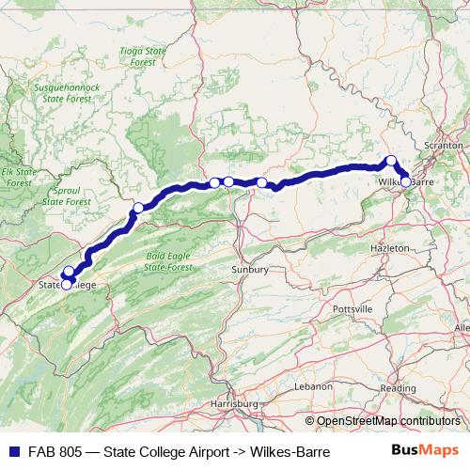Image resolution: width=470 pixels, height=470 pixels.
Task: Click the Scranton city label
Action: [x=444, y=147]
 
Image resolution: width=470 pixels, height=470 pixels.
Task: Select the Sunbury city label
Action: [x=251, y=270]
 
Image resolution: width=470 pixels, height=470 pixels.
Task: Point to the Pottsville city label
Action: [x=352, y=308]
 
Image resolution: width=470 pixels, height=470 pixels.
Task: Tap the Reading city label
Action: [x=399, y=388]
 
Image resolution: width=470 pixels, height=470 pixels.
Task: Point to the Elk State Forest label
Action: [x=18, y=178]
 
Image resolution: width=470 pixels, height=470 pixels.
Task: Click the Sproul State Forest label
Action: [x=67, y=196]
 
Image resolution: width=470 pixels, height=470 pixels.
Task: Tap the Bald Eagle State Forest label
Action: [x=168, y=260]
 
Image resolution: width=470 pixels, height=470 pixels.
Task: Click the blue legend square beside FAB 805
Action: [x=12, y=451]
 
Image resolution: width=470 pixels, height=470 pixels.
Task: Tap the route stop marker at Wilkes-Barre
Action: [x=405, y=180]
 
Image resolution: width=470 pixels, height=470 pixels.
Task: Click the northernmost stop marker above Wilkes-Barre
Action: [x=391, y=160]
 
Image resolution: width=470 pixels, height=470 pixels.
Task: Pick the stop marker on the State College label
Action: [x=66, y=284]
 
